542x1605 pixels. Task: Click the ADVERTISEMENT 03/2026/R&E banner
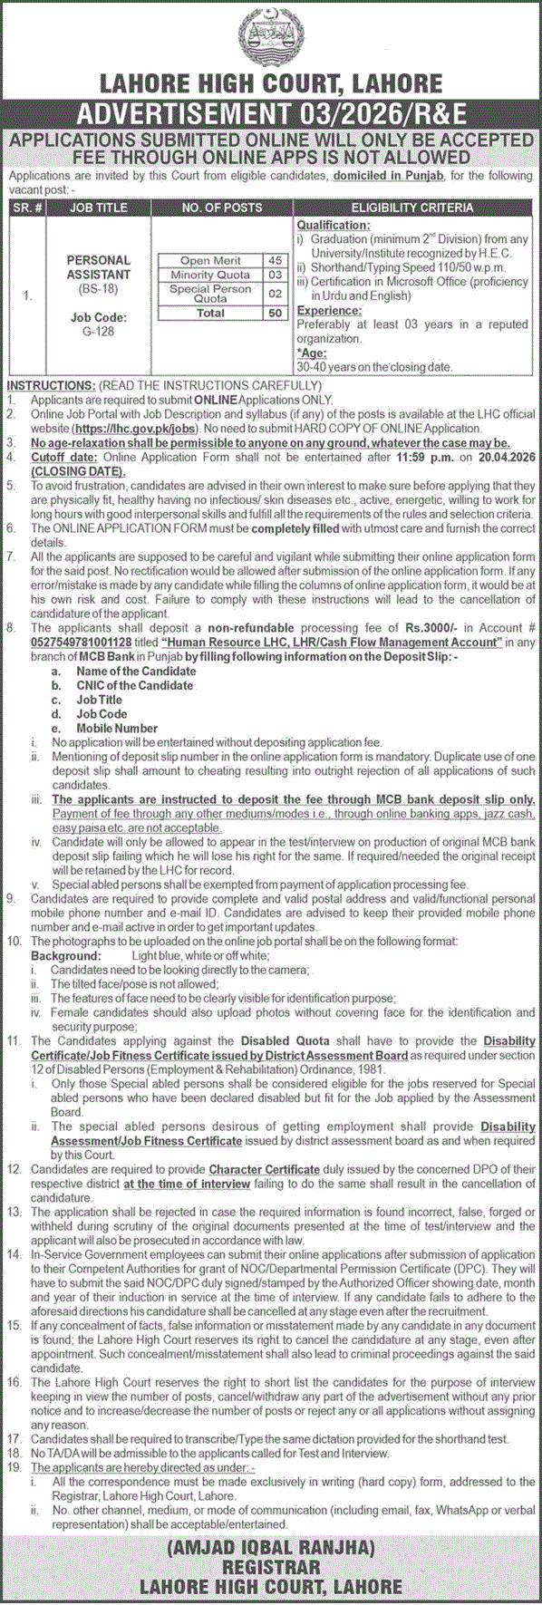pos(271,115)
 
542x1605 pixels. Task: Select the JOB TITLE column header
pos(98,208)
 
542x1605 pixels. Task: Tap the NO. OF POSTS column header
pos(222,208)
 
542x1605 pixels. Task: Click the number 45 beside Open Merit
pos(274,261)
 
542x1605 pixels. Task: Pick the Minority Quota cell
pos(210,275)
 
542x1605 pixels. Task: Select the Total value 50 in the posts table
pos(274,313)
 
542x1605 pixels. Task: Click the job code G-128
pos(98,333)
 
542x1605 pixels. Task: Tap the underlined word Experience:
pos(324,311)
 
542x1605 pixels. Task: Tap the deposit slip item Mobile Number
pos(117,728)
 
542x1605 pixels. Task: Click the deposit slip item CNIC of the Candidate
pos(134,685)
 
